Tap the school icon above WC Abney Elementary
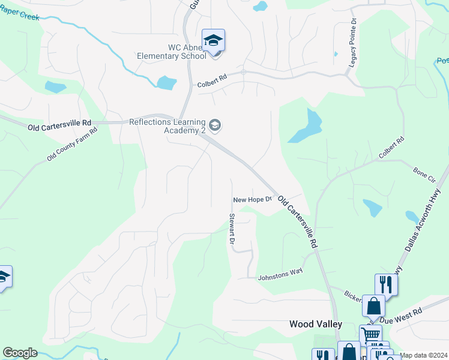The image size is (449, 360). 213,41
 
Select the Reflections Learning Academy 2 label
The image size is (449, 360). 167,126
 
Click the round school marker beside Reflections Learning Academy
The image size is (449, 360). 216,125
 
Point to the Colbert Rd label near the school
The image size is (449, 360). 212,82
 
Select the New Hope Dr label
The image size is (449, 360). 253,199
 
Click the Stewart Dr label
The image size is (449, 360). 231,229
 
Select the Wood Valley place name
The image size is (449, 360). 316,324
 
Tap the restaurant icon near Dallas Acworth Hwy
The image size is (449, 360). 386,284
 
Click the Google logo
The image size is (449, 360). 20,353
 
